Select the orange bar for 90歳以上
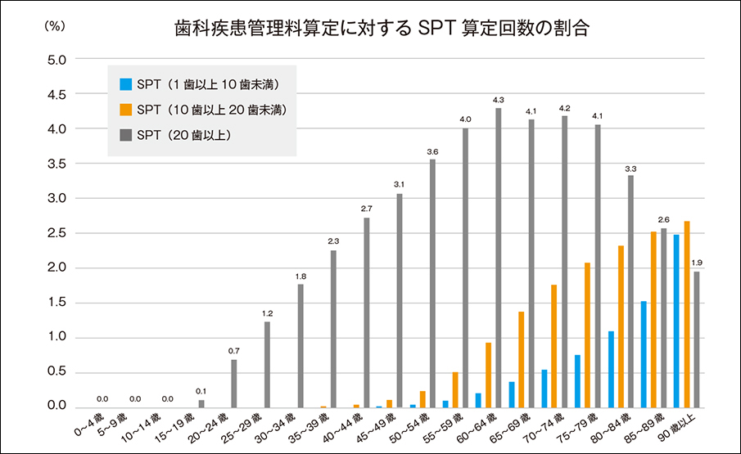pos(687,314)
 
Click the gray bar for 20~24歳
pos(234,384)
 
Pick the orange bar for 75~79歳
pos(588,335)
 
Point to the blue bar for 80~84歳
pos(611,369)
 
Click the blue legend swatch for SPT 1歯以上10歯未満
pos(125,83)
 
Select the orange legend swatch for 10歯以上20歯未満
pos(125,109)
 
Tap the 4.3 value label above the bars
pos(498,100)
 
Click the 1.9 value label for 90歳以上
pos(697,263)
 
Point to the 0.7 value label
pos(234,352)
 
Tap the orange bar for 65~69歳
pos(522,359)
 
